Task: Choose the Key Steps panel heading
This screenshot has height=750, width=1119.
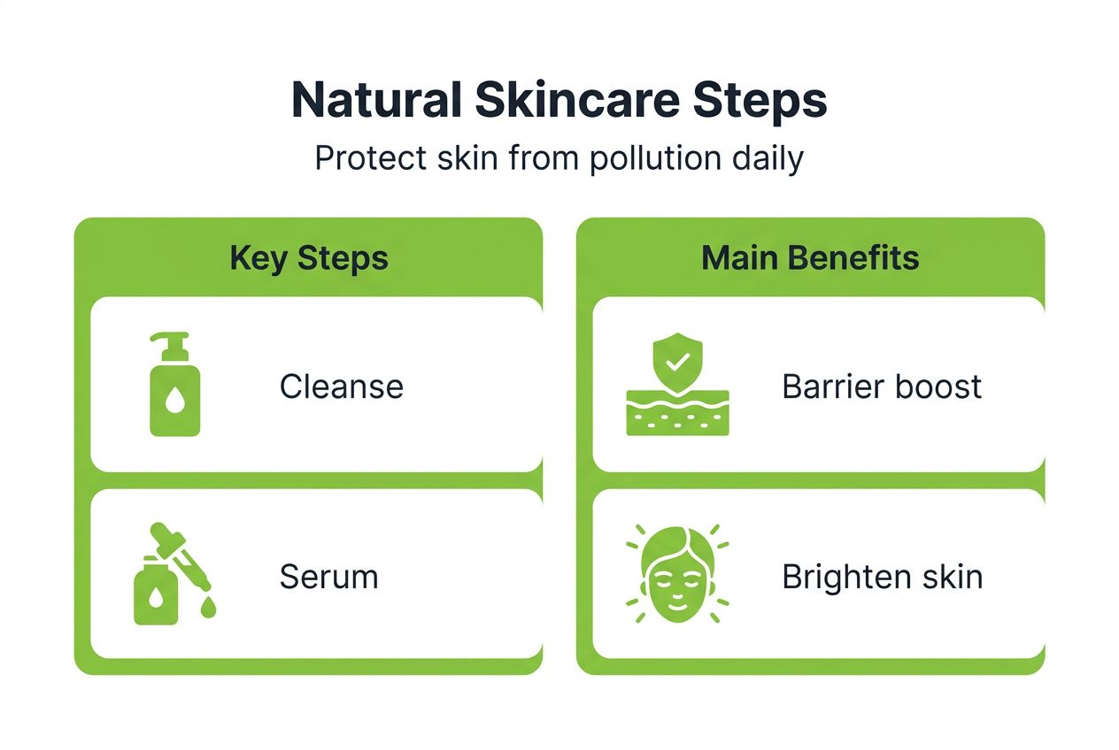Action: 308,258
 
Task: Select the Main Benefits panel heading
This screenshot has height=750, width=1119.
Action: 810,258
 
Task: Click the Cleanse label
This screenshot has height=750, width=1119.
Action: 342,386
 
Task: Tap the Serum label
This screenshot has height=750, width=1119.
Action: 328,577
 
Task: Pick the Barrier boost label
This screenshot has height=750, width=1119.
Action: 882,386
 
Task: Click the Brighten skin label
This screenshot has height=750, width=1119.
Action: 882,577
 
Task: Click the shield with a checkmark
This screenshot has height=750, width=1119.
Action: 677,362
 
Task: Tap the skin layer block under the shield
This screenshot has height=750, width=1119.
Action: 677,413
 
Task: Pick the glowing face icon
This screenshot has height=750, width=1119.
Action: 677,575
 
